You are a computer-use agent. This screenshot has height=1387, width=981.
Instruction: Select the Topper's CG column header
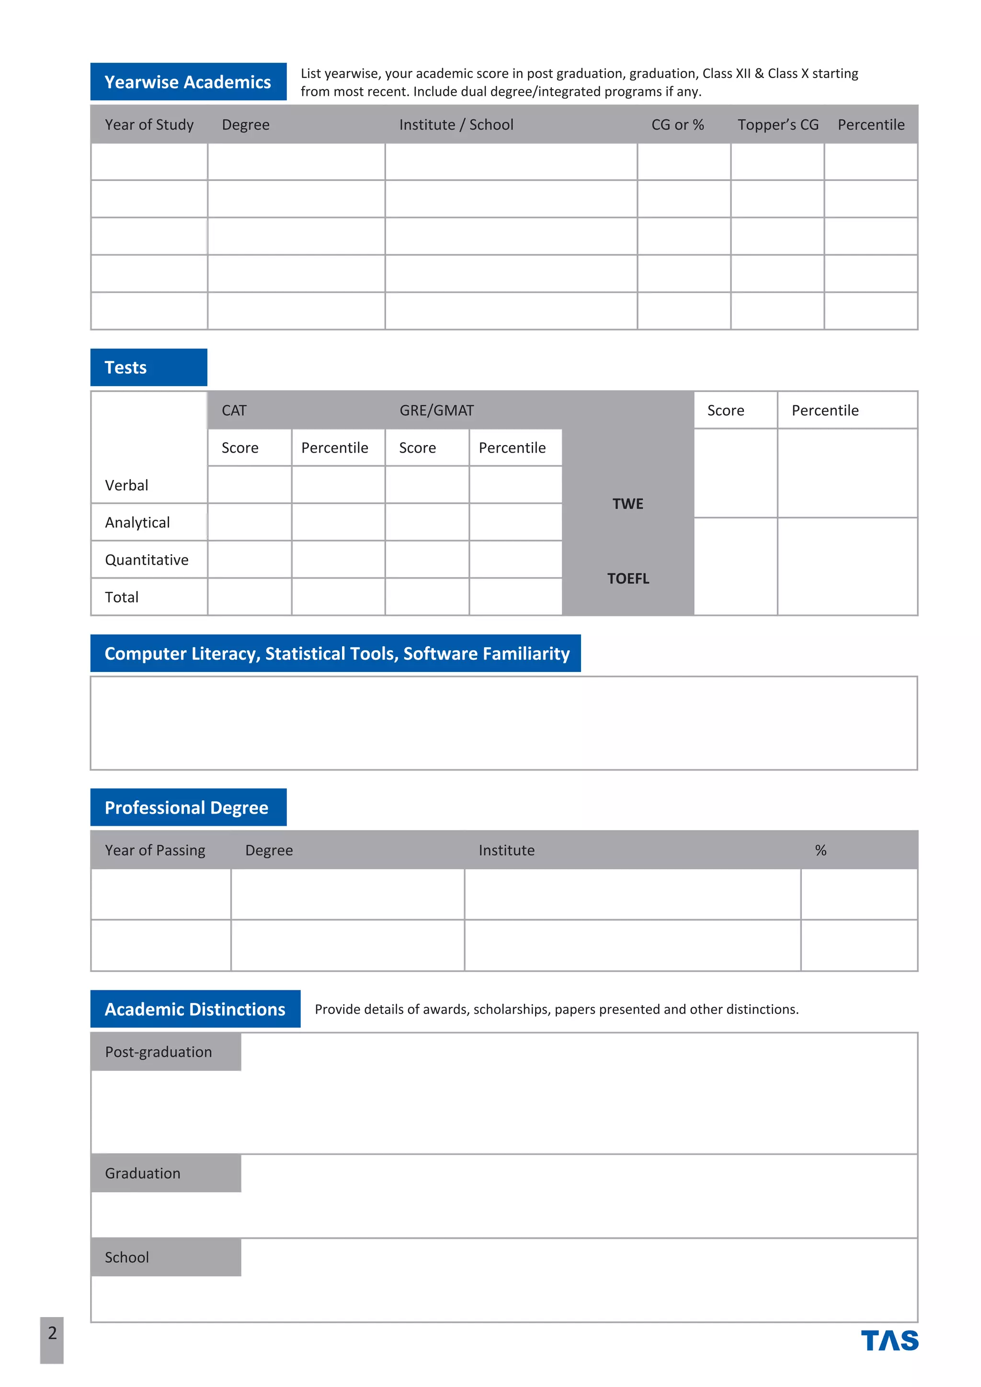[777, 125]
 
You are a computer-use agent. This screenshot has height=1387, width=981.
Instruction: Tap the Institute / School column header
[456, 125]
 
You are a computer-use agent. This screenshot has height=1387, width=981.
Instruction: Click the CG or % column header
[677, 125]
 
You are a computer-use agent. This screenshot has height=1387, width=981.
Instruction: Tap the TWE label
[627, 504]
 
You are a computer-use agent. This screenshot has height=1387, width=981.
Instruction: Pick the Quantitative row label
[147, 559]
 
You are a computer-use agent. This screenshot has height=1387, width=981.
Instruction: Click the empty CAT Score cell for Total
[250, 597]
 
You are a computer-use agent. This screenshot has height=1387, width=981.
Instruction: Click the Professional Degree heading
[187, 807]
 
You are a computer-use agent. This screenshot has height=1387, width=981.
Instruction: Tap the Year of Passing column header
[155, 850]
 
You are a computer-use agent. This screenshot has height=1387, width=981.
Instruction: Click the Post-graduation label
[158, 1052]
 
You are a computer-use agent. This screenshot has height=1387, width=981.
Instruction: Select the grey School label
[127, 1257]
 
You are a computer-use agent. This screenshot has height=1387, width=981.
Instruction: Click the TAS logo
[889, 1341]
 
